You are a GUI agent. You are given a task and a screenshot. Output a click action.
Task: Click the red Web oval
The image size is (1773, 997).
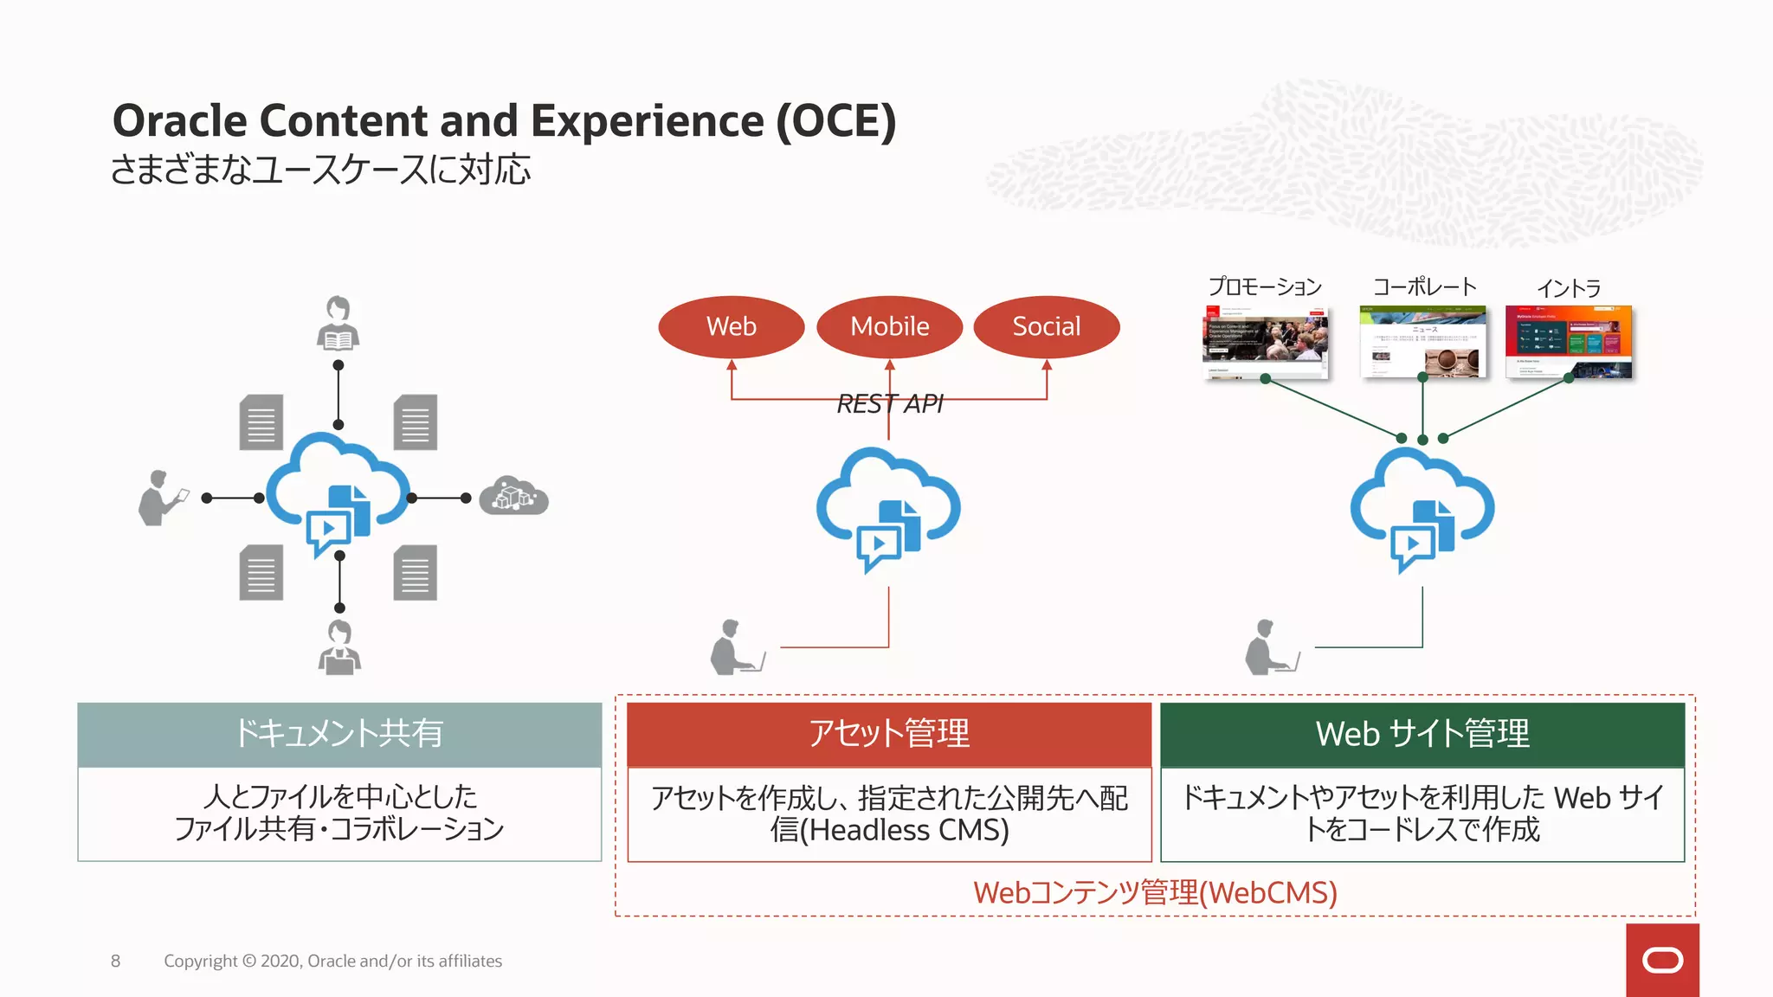pos(732,326)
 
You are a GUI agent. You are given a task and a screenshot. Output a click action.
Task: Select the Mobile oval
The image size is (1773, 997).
pos(889,326)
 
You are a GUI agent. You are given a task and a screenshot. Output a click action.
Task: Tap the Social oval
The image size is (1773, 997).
pos(1046,326)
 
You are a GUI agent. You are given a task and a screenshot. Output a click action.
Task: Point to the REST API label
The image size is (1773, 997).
pos(889,403)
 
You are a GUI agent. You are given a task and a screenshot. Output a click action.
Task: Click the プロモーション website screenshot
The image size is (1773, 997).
pos(1265,343)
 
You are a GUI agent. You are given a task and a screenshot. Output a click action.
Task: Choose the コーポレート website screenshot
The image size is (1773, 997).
pos(1422,342)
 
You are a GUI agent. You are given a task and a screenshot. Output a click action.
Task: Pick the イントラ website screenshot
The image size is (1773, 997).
pos(1568,342)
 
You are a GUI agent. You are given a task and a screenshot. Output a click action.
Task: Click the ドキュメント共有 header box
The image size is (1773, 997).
pos(339,734)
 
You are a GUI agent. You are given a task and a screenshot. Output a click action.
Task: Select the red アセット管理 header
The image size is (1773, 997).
pos(889,734)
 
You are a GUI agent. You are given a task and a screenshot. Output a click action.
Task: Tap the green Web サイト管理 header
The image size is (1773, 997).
pos(1422,734)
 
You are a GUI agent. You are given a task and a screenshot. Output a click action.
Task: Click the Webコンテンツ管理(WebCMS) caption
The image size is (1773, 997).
pos(1155,892)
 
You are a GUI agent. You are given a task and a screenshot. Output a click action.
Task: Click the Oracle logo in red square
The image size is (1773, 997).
pos(1661,960)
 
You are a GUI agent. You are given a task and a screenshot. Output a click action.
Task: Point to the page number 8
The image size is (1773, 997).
pos(115,961)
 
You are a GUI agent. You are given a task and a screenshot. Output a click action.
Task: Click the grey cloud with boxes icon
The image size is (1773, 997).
pos(513,496)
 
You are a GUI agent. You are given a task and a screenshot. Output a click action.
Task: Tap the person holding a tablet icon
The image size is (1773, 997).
pos(161,498)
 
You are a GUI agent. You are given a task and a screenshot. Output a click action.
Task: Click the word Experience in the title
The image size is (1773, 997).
pos(647,120)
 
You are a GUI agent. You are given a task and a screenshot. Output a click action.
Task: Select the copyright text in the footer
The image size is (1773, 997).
pos(332,961)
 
